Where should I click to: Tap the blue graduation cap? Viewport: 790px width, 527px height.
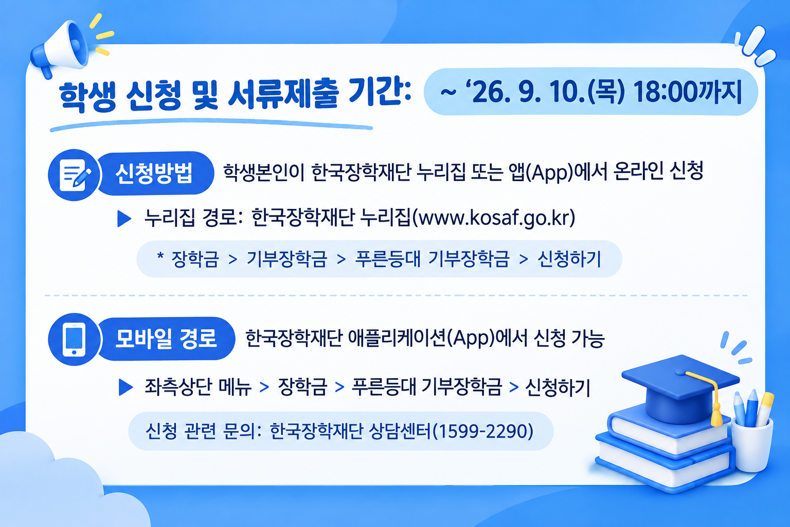coord(680,388)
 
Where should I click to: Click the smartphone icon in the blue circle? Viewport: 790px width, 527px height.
coord(74,339)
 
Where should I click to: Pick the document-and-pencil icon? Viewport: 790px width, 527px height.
coord(75,175)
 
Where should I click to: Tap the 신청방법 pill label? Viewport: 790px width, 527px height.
coord(155,173)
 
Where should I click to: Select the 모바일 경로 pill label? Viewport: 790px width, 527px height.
coord(166,338)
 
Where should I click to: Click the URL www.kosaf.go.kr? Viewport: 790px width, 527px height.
coord(493,217)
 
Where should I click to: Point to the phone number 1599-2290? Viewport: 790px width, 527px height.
coord(482,431)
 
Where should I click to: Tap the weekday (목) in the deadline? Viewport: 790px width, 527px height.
coord(606,93)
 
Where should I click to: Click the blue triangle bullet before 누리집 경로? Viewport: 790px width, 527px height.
coord(124,219)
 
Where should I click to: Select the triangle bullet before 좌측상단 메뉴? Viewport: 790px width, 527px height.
coord(125,387)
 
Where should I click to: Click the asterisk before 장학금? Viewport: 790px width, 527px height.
coord(160,256)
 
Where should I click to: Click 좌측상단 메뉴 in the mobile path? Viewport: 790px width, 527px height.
coord(198,387)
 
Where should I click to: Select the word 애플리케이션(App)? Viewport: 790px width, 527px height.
coord(421,338)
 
